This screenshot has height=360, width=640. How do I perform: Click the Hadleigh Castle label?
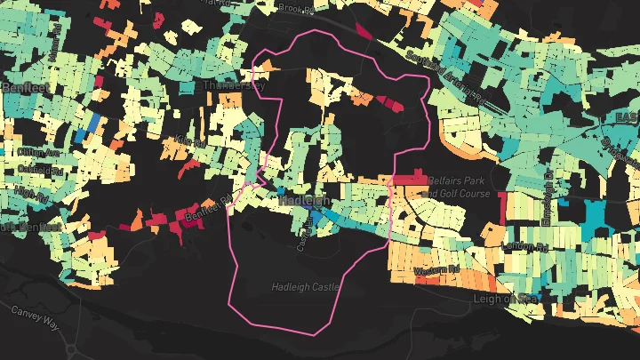point(306,287)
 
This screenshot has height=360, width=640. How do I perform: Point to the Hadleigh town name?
point(305,201)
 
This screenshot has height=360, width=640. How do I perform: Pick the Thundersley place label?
point(234,86)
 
